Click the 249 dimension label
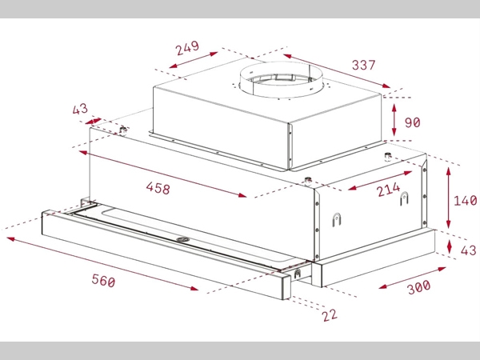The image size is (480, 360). point(187,48)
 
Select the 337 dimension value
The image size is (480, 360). point(362,64)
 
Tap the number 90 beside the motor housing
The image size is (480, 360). point(413,122)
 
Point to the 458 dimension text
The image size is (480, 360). point(158,189)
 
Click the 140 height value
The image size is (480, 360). point(465,200)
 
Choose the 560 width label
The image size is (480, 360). point(103,281)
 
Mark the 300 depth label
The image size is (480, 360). point(418,286)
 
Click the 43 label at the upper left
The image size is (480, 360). point(81,109)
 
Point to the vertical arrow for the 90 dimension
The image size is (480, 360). point(395,120)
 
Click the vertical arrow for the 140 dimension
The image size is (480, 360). point(449,197)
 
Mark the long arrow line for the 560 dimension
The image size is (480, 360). point(104,263)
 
